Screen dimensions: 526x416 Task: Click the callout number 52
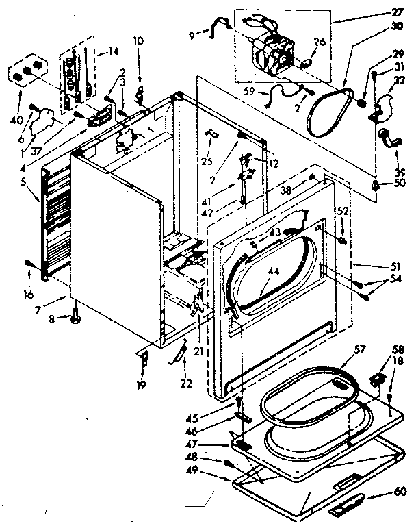(342, 212)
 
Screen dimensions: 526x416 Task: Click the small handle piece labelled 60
(348, 508)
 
